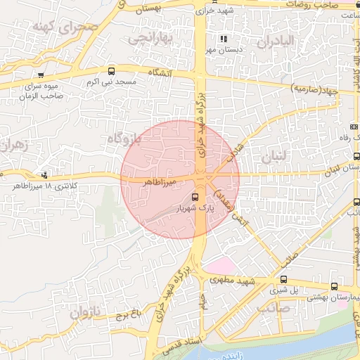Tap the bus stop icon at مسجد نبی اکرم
pos(112,71)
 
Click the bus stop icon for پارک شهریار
pos(195,198)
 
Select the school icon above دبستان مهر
pos(224,39)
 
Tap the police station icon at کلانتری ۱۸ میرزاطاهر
pos(46,175)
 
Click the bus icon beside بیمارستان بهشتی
pos(334,287)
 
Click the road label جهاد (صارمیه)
pos(314,89)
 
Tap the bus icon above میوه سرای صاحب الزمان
pos(42,75)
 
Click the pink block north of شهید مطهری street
pos(220,266)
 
